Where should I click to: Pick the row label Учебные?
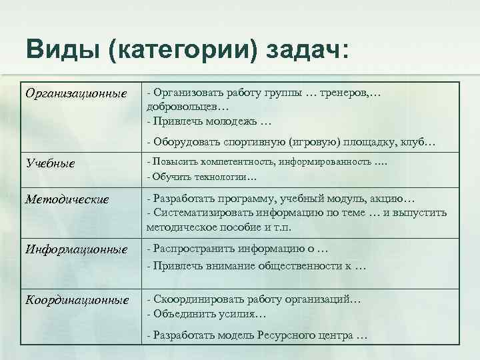50,163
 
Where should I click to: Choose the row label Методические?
66,199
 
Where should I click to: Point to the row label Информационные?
75,249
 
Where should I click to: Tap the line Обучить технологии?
201,177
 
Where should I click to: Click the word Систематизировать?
198,213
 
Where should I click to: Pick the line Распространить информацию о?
238,249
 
